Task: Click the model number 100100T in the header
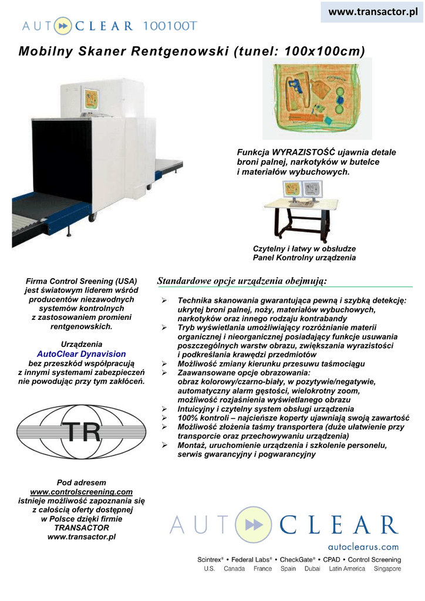[170, 25]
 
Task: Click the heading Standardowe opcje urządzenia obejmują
[242, 281]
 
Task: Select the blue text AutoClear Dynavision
[82, 354]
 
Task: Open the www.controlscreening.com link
[82, 492]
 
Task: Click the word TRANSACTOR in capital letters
[82, 528]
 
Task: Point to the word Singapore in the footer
[387, 569]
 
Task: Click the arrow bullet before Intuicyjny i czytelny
[165, 408]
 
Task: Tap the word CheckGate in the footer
[298, 560]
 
